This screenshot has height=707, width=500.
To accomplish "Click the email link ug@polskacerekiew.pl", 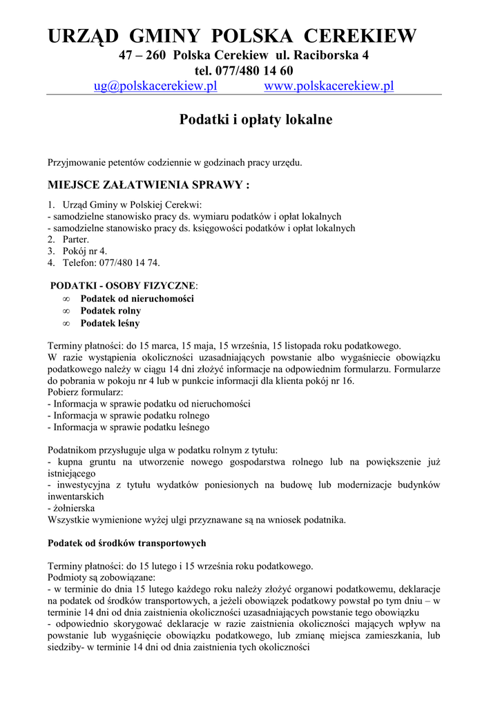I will click(155, 86).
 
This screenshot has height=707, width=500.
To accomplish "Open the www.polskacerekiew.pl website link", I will click(329, 86).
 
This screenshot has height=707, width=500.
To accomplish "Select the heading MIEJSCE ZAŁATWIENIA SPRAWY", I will click(148, 185).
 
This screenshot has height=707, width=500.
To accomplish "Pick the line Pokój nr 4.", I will click(84, 251).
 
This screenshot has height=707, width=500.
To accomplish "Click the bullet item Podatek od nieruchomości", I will click(137, 298).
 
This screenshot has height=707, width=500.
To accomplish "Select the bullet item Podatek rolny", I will click(110, 311).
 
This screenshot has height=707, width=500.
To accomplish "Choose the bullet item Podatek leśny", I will click(110, 322).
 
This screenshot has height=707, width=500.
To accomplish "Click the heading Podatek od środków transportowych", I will click(126, 543).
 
